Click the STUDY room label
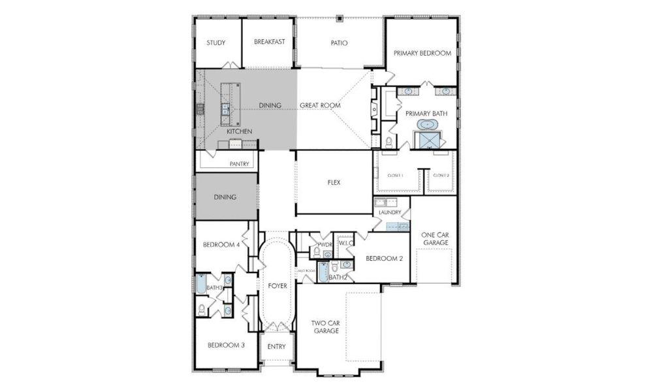216,43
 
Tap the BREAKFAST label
269,42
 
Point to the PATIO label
339,43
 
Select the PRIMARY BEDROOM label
422,53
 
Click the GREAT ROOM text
319,105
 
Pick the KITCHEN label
239,132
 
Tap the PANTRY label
239,164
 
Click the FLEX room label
334,183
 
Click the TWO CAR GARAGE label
325,327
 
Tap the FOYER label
277,286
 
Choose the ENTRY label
277,346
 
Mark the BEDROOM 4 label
221,245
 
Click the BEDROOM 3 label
226,345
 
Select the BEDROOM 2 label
384,258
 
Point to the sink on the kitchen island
225,109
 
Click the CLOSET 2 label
441,175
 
